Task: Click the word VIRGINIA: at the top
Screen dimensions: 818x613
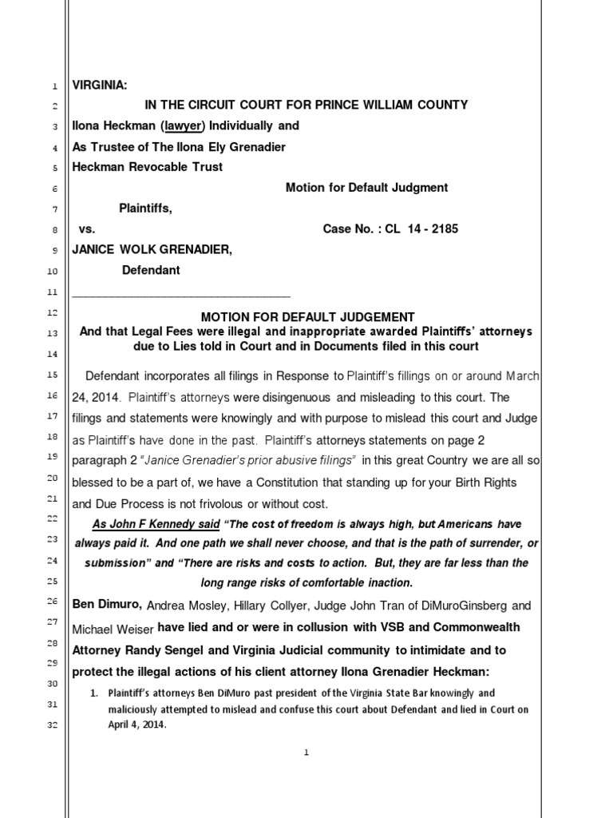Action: (x=100, y=85)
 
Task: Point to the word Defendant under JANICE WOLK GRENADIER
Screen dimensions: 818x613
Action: (x=151, y=270)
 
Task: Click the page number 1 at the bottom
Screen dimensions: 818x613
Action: (x=306, y=756)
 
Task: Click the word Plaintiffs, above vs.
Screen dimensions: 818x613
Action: (x=145, y=208)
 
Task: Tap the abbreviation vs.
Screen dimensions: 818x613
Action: (x=86, y=229)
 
